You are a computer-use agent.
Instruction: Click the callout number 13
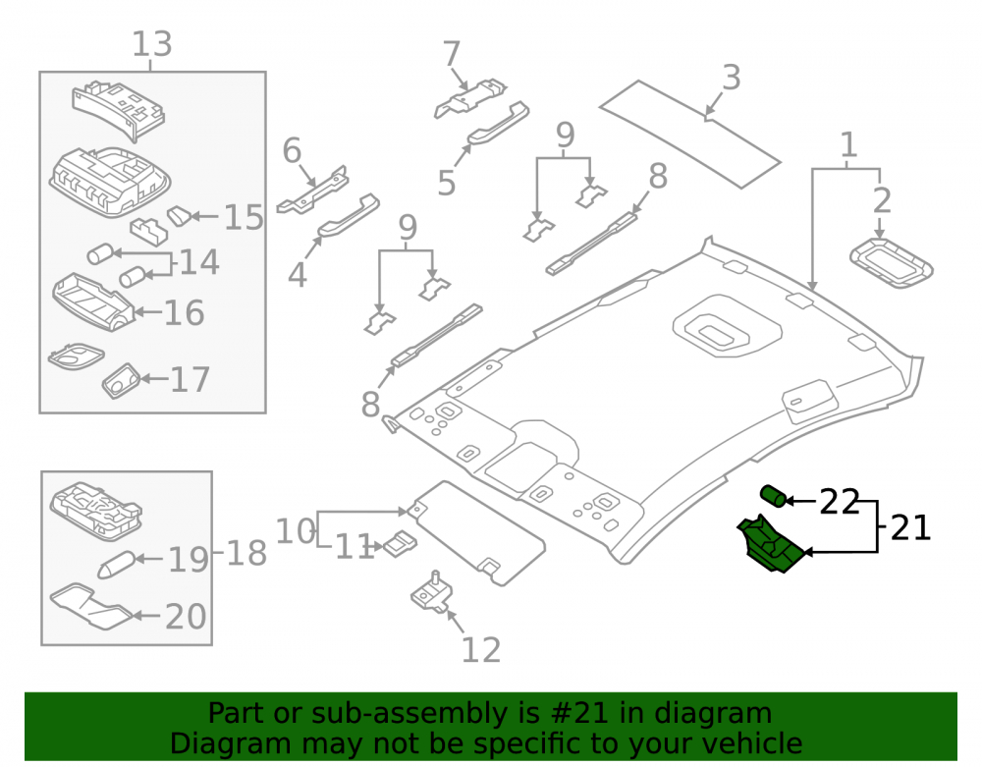(151, 44)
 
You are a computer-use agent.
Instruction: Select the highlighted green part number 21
(770, 543)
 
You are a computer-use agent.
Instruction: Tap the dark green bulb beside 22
(774, 496)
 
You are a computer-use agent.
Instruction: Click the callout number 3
(731, 78)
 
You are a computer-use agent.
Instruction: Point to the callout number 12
(481, 650)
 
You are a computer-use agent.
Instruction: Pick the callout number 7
(452, 54)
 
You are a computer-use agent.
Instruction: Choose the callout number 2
(882, 200)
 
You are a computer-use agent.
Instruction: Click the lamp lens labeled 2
(892, 263)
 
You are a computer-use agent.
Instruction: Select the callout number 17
(190, 379)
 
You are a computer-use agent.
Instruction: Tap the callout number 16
(185, 312)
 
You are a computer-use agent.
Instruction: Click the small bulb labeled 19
(117, 565)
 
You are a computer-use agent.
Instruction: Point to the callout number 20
(186, 616)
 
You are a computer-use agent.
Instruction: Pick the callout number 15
(244, 217)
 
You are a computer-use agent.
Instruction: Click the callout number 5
(446, 183)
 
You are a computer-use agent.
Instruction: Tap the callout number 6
(292, 150)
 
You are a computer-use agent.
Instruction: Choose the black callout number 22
(840, 502)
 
